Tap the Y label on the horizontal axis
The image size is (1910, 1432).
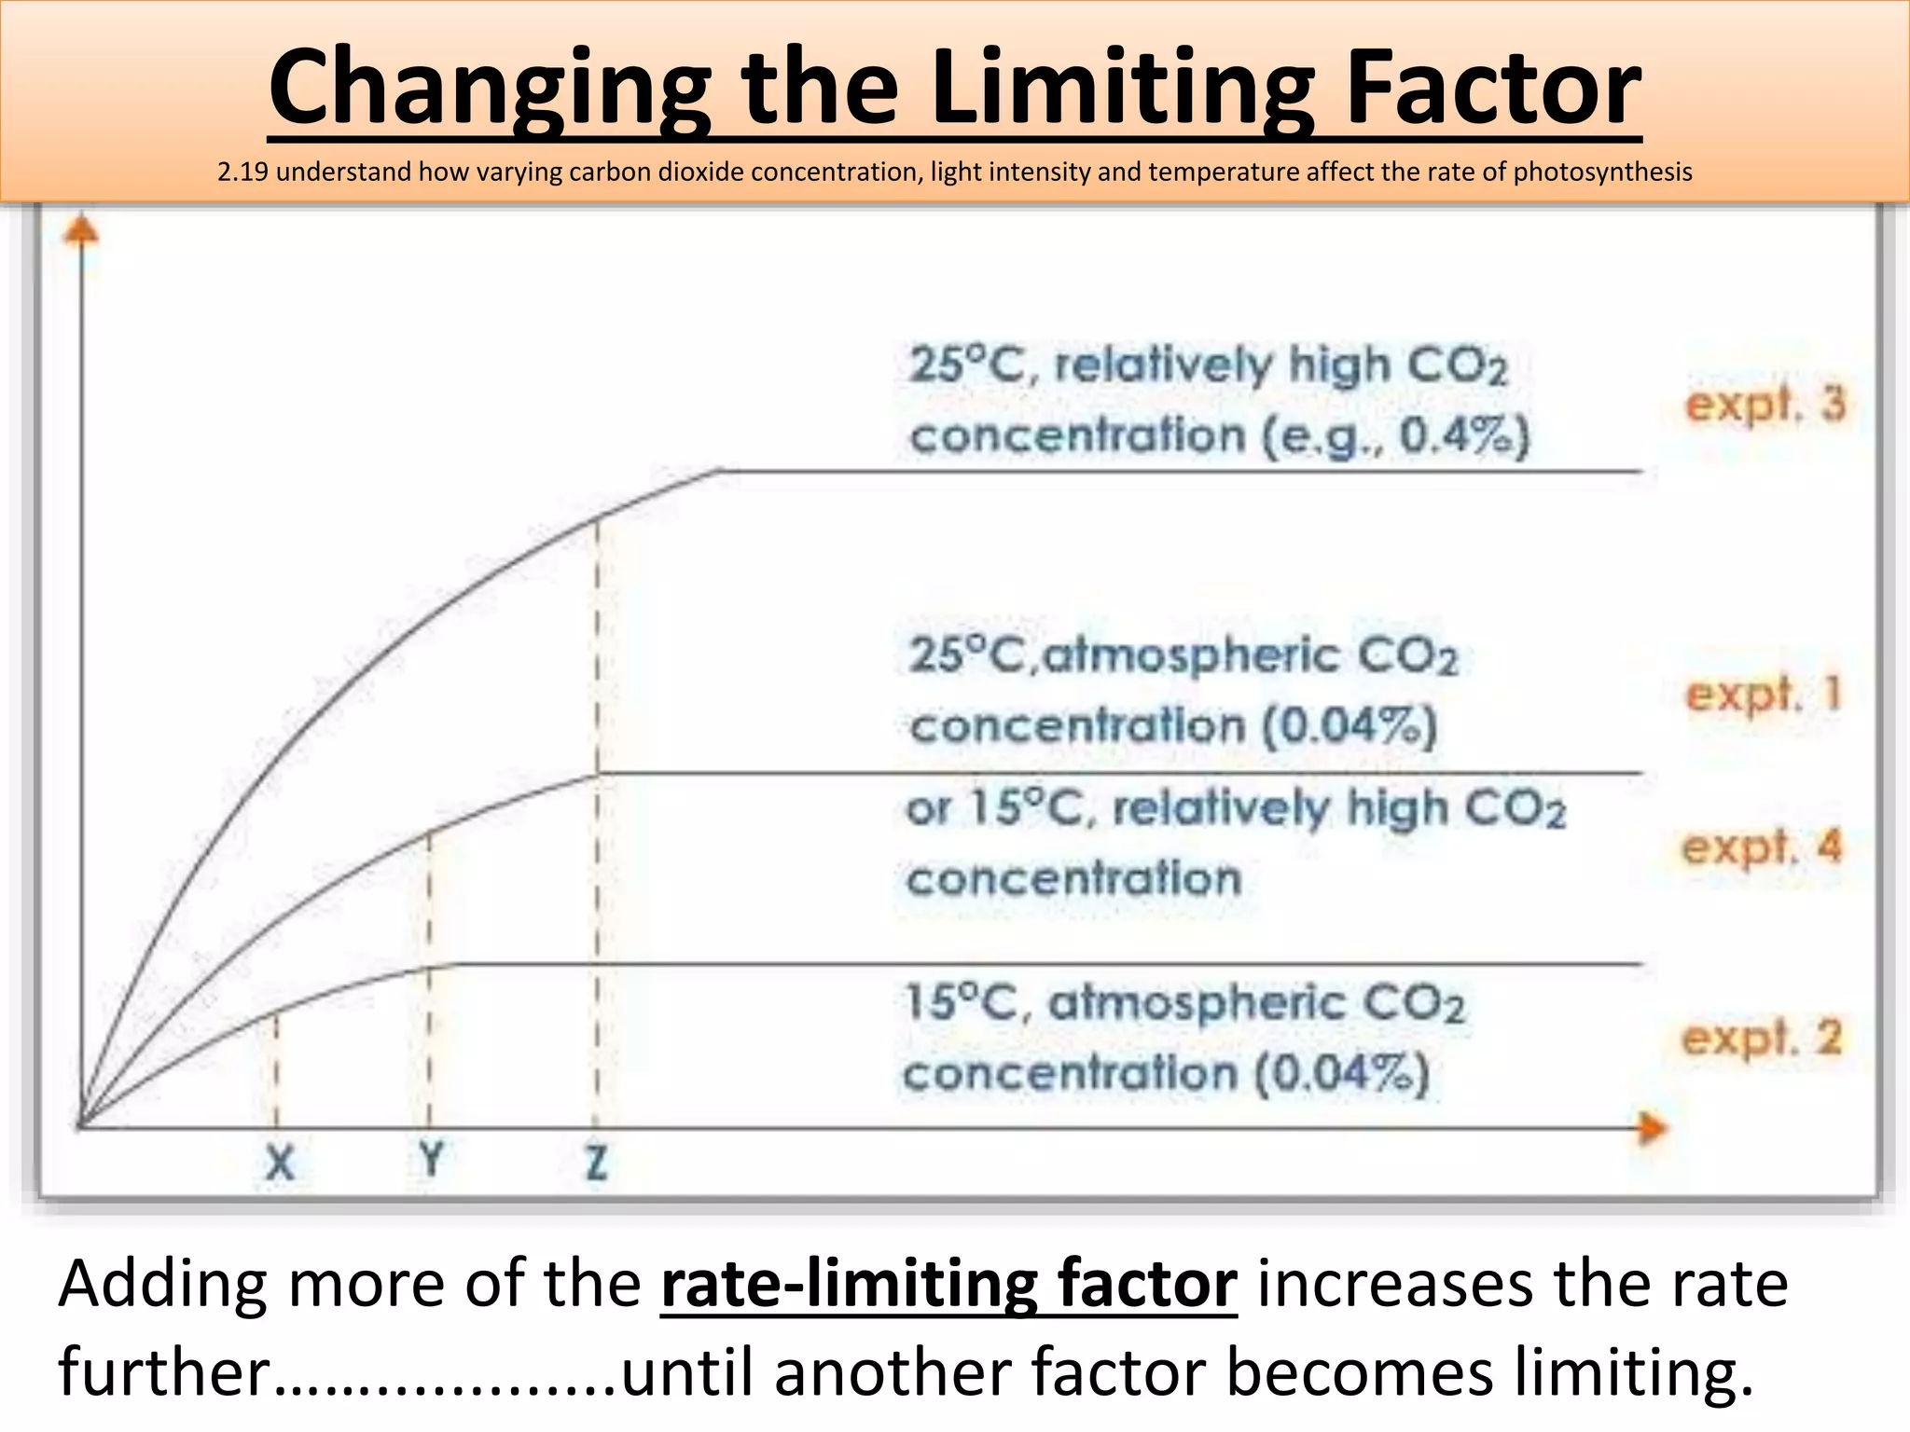click(x=431, y=1161)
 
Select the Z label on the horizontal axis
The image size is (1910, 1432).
click(x=597, y=1163)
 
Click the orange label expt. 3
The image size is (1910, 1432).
click(x=1765, y=405)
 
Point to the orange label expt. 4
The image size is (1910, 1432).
click(x=1763, y=847)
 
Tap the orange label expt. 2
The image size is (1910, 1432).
click(x=1763, y=1039)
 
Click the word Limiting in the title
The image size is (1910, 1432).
click(x=1123, y=89)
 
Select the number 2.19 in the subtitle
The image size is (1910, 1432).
click(x=243, y=172)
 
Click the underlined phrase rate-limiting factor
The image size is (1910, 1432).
click(x=948, y=1284)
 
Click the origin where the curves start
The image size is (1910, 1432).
click(x=82, y=1126)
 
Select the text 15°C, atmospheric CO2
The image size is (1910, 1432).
click(x=1184, y=1003)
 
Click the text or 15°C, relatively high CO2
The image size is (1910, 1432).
click(x=1236, y=807)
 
